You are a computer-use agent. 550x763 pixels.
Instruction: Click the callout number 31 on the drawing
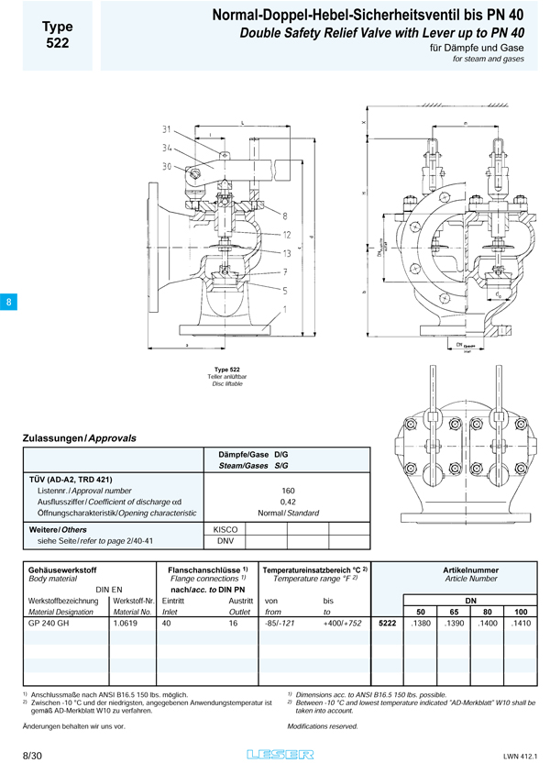167,128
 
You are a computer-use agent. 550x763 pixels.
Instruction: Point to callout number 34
167,147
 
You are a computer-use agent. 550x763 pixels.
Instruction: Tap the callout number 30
167,166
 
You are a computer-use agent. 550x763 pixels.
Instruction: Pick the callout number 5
286,291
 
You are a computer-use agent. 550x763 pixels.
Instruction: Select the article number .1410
520,623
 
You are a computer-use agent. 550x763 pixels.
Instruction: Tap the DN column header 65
454,610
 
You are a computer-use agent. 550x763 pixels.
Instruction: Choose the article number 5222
388,623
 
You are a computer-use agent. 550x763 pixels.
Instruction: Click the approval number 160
288,491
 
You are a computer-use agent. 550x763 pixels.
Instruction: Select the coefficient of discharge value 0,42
288,502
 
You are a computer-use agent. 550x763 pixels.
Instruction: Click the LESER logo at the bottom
280,753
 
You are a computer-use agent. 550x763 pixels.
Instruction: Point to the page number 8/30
31,753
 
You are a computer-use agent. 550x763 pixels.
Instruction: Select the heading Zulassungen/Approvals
79,438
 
